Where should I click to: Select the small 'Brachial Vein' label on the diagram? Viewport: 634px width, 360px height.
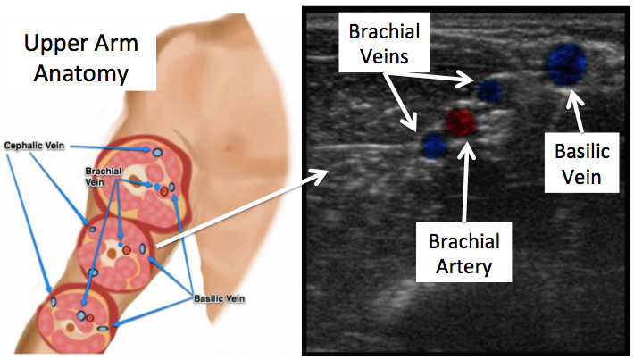[x=103, y=174]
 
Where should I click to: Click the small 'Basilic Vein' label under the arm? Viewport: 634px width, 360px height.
[x=221, y=297]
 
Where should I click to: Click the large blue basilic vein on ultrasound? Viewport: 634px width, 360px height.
[x=566, y=63]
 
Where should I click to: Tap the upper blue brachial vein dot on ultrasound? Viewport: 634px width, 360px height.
[x=489, y=90]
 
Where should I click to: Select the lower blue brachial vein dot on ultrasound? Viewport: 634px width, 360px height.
[x=434, y=145]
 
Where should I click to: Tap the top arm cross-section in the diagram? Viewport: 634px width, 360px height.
[x=152, y=170]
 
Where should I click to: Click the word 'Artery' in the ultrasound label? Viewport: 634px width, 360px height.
[x=463, y=267]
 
